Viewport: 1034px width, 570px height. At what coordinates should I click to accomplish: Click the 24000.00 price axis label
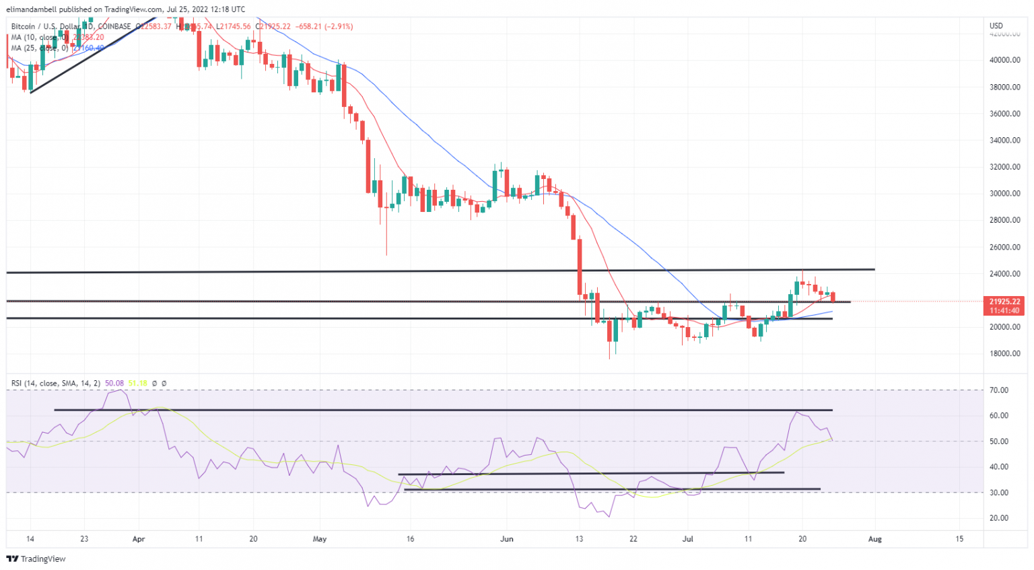(1004, 274)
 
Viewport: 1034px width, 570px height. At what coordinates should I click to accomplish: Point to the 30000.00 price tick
(1004, 194)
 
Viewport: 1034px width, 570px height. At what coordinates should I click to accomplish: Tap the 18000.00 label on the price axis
(1004, 354)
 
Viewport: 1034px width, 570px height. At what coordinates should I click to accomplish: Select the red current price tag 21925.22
(1004, 301)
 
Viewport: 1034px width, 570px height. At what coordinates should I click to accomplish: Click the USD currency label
(996, 26)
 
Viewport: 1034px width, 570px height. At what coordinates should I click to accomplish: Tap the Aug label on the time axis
(875, 539)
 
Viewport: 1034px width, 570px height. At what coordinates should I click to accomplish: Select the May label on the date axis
(320, 539)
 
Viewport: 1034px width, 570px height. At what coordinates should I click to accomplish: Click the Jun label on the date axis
(507, 539)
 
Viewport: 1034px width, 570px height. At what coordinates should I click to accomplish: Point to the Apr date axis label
(139, 539)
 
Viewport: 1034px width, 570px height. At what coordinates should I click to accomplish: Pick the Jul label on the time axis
(687, 539)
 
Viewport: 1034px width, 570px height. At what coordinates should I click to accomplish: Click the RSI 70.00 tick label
(1000, 390)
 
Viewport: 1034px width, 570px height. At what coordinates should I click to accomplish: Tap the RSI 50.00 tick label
(1000, 441)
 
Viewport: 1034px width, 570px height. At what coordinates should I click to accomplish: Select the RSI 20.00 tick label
(1000, 518)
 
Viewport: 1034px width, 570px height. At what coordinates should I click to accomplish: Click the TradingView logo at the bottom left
(36, 559)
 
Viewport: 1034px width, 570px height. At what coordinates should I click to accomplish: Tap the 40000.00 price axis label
(1004, 60)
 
